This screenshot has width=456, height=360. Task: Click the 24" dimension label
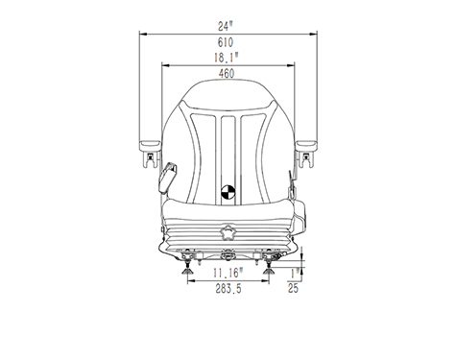[x=225, y=26]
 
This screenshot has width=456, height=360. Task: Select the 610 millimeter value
[x=226, y=42]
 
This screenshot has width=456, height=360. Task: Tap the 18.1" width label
[x=227, y=58]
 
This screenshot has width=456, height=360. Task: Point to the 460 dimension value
[x=227, y=74]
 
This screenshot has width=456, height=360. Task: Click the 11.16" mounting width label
[x=228, y=273]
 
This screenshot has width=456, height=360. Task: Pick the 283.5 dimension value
[x=228, y=289]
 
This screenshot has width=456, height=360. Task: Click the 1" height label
[x=296, y=274]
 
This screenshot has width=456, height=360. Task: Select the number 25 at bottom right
[x=293, y=288]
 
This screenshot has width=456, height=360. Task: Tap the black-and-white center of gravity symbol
[x=228, y=192]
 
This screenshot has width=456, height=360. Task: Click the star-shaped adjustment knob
[x=228, y=232]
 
